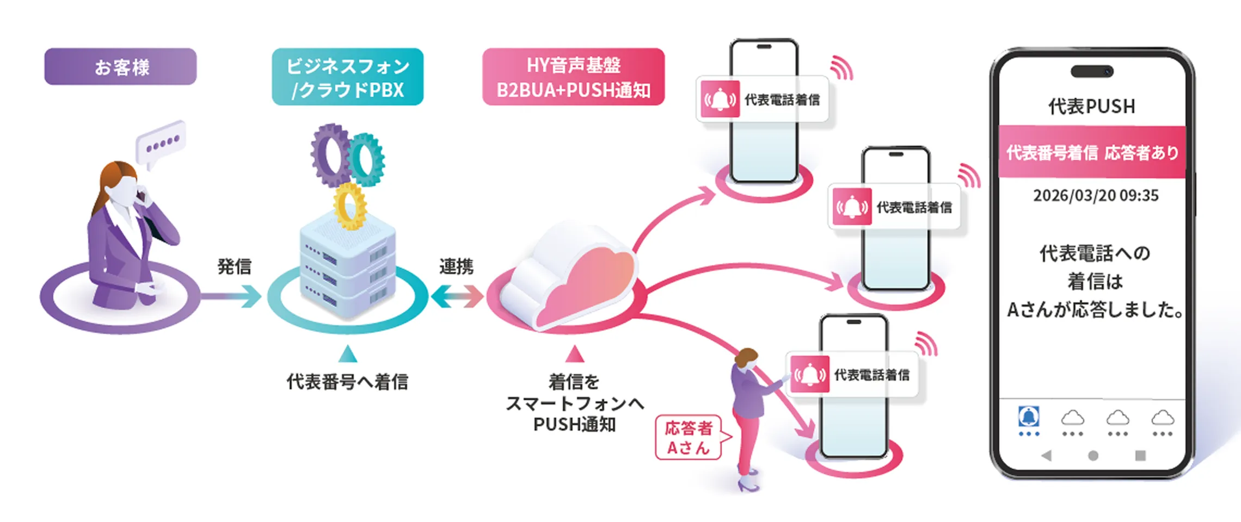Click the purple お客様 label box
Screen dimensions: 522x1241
(120, 67)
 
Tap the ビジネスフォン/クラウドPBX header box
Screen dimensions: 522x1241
(347, 77)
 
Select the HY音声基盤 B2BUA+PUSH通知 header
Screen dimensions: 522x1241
(573, 77)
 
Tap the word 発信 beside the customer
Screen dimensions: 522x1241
(234, 266)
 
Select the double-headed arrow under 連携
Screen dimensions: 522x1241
(457, 297)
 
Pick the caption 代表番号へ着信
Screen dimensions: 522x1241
(347, 382)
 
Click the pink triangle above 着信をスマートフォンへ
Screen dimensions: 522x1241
(574, 355)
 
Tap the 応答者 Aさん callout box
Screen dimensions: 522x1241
(689, 438)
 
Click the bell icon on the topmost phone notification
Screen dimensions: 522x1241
(720, 100)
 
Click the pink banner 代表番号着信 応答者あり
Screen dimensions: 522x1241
(1092, 152)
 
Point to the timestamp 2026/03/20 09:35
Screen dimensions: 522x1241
(1096, 196)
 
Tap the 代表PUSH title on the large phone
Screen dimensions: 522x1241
(1092, 107)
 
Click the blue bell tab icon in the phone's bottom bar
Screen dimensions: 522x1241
(1029, 418)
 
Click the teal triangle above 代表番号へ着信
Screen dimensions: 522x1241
(348, 354)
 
